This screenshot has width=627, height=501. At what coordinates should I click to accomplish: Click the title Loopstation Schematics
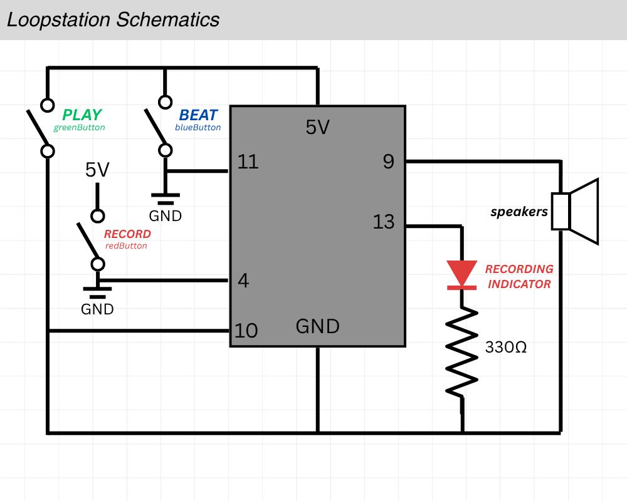(x=113, y=19)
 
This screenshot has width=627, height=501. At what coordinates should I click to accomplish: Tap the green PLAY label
(x=82, y=115)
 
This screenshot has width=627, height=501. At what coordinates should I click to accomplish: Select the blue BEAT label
(x=198, y=115)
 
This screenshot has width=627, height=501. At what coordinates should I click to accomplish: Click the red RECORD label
(x=127, y=234)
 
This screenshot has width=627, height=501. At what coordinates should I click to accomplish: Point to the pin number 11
(x=248, y=162)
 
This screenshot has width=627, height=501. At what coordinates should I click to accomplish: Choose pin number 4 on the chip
(x=244, y=281)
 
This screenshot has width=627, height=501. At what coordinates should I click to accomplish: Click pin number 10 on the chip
(x=246, y=331)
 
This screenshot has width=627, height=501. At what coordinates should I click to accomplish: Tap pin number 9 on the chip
(x=389, y=162)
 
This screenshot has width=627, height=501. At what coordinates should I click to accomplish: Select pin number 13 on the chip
(x=384, y=222)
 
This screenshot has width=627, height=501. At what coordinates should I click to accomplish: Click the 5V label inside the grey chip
(x=317, y=128)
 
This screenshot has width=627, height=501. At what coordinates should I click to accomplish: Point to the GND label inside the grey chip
(x=317, y=326)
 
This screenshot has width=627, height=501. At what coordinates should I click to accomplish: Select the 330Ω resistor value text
(x=506, y=347)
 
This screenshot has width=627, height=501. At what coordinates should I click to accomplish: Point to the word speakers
(x=519, y=212)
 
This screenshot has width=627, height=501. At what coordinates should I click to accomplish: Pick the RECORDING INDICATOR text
(x=519, y=276)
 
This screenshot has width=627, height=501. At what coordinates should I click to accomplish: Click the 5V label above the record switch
(x=97, y=170)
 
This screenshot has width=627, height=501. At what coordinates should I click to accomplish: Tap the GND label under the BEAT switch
(x=165, y=216)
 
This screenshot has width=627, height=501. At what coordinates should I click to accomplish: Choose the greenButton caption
(x=79, y=127)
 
